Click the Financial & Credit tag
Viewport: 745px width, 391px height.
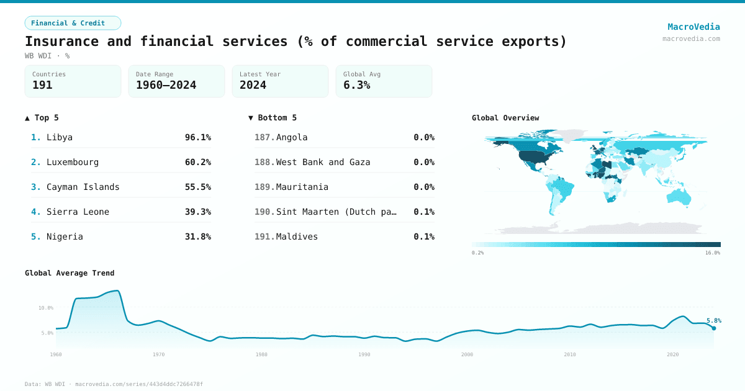click(73, 23)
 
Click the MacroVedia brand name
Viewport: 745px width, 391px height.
click(693, 27)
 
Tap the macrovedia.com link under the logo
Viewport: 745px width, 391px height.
click(691, 38)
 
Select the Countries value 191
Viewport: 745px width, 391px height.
click(42, 85)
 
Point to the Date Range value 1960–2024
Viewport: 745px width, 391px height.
click(166, 85)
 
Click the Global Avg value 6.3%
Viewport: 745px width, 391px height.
click(356, 85)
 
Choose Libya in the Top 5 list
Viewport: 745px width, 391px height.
click(60, 137)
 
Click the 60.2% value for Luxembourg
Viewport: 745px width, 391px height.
click(197, 162)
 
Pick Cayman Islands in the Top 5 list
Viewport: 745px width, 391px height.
click(83, 187)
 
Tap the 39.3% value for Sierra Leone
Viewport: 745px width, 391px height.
click(197, 212)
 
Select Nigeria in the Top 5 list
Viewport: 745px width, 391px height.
click(65, 236)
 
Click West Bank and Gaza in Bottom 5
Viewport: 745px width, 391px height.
click(323, 162)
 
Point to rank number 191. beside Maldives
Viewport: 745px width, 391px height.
click(264, 236)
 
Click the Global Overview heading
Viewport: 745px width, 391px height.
click(505, 118)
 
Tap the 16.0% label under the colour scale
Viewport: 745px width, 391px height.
click(713, 253)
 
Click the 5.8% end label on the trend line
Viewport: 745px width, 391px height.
click(713, 320)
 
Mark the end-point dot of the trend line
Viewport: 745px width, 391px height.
click(714, 328)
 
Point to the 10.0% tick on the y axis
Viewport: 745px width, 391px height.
click(46, 308)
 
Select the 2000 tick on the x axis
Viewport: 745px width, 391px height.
click(467, 354)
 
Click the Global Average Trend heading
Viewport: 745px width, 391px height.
click(70, 273)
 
